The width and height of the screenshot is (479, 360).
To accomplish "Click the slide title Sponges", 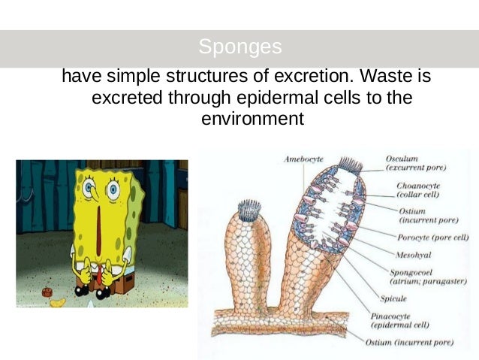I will [x=240, y=47].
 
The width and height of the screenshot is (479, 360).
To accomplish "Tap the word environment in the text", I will [x=253, y=118].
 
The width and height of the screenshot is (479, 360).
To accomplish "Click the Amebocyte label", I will [x=303, y=159].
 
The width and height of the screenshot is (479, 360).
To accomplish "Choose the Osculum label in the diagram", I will [x=402, y=159].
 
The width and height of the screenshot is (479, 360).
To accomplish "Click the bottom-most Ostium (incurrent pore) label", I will [x=408, y=343].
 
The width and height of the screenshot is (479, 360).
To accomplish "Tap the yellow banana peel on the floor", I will [x=57, y=303].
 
